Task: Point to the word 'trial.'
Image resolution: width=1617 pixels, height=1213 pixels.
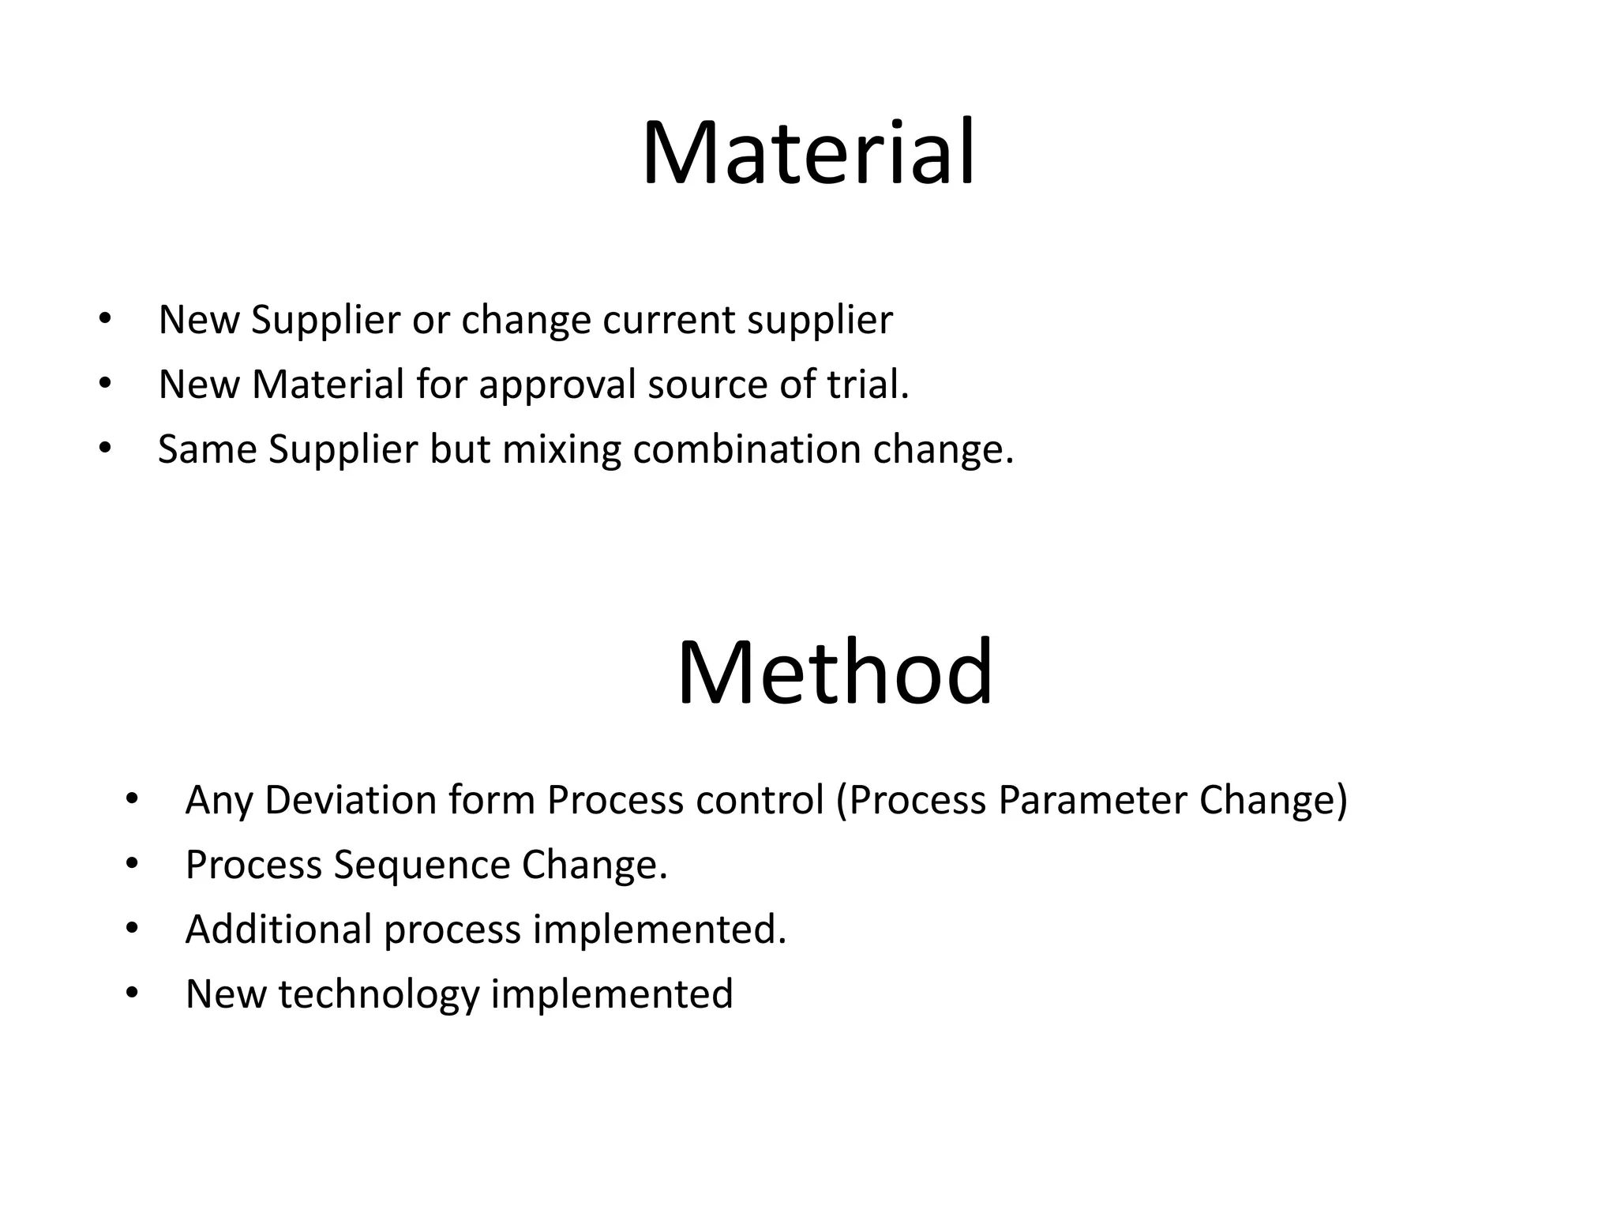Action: click(868, 385)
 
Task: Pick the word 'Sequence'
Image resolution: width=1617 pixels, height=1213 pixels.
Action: click(422, 865)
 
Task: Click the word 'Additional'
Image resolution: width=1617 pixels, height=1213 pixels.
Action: click(278, 929)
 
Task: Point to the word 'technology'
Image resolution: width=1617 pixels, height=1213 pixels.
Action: click(379, 994)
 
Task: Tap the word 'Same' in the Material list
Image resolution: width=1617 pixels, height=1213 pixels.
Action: click(207, 449)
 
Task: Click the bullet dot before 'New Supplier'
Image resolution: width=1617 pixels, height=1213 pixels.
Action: click(105, 320)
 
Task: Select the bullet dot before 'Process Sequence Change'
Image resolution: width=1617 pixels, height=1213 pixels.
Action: click(132, 864)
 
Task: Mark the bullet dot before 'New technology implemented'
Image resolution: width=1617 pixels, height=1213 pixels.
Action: click(132, 993)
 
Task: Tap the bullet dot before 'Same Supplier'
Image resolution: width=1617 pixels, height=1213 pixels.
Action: click(105, 449)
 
